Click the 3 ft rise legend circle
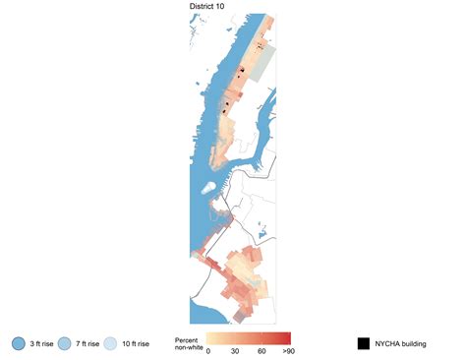19,343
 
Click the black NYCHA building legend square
364,343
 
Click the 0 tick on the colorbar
208,351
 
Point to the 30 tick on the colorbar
235,351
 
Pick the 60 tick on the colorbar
262,351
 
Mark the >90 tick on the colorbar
286,351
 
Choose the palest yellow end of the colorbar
210,337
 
